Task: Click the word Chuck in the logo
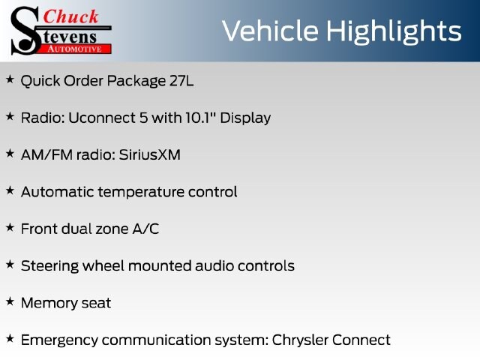tap(70, 16)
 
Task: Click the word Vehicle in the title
tap(270, 31)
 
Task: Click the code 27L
tap(181, 81)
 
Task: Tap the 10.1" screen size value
tap(199, 118)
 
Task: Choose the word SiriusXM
tap(150, 155)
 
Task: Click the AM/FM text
tap(46, 155)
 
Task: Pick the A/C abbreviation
tap(145, 229)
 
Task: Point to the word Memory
tap(45, 304)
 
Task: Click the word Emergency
tap(59, 340)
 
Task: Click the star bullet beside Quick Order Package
tap(10, 79)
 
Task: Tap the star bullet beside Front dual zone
tap(10, 227)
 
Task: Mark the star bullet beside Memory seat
tap(10, 301)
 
